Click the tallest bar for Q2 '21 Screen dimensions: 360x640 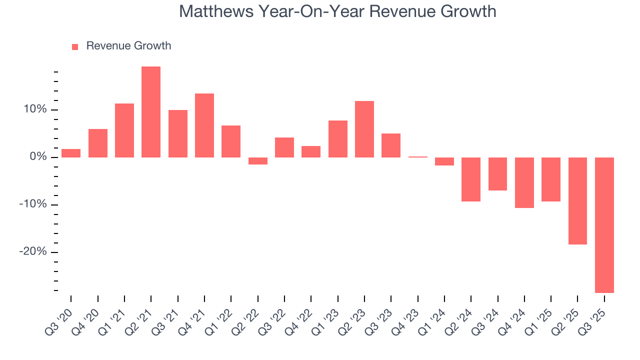coord(151,112)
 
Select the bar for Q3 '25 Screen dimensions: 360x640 coord(604,225)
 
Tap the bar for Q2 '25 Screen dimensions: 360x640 coord(577,201)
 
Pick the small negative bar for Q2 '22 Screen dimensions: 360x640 coord(258,161)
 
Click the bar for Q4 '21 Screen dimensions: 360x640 coord(204,125)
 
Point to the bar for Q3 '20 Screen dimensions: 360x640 coord(71,153)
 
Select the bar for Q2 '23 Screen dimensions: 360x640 coord(364,129)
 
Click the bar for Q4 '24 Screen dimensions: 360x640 coord(524,182)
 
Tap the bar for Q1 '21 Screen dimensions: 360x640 coord(124,130)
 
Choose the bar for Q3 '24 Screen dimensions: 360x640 coord(497,174)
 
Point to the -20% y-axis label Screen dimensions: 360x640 coord(33,252)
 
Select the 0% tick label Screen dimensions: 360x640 coord(38,157)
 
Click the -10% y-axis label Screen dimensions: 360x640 coord(33,204)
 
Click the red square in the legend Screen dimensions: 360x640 coord(75,46)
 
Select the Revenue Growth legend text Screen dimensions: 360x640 coord(128,46)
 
